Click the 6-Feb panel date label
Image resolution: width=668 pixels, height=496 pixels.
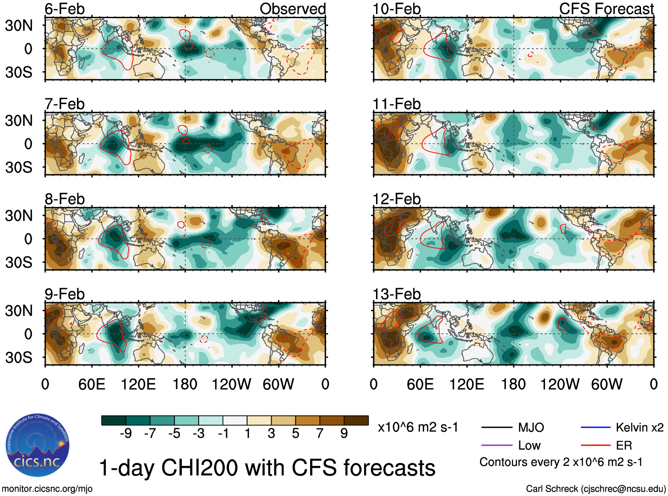(65, 9)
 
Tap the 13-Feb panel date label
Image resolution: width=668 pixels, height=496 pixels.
(396, 294)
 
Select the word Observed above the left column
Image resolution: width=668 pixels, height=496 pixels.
(292, 9)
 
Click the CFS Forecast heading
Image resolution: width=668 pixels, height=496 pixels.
(606, 9)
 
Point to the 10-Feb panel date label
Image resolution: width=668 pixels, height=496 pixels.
(396, 9)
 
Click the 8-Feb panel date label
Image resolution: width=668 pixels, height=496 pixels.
(65, 199)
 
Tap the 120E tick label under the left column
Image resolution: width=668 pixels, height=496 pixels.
(138, 384)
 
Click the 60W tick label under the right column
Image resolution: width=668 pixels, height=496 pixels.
(607, 384)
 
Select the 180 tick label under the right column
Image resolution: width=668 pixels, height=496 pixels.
(513, 384)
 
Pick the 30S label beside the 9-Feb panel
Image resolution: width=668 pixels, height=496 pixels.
(19, 358)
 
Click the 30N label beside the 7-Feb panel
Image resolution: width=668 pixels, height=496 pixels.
(19, 120)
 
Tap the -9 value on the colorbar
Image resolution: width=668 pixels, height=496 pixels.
(126, 434)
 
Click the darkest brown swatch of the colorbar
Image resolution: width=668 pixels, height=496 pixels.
(356, 420)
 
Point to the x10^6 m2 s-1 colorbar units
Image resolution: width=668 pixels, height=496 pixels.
(418, 427)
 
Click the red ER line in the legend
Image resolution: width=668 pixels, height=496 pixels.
(595, 445)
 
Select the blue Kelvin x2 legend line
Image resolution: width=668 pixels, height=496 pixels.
(595, 427)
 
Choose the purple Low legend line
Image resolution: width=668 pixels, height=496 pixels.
(496, 445)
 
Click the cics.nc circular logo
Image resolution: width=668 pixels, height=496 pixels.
(37, 446)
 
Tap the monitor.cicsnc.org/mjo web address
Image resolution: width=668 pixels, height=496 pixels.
(47, 489)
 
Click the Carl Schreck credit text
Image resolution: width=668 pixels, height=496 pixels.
(595, 489)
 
